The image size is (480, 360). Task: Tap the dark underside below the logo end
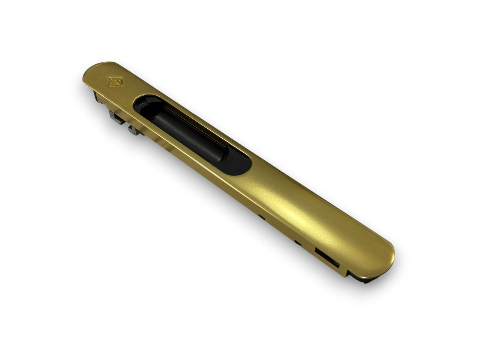pos(97,94)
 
